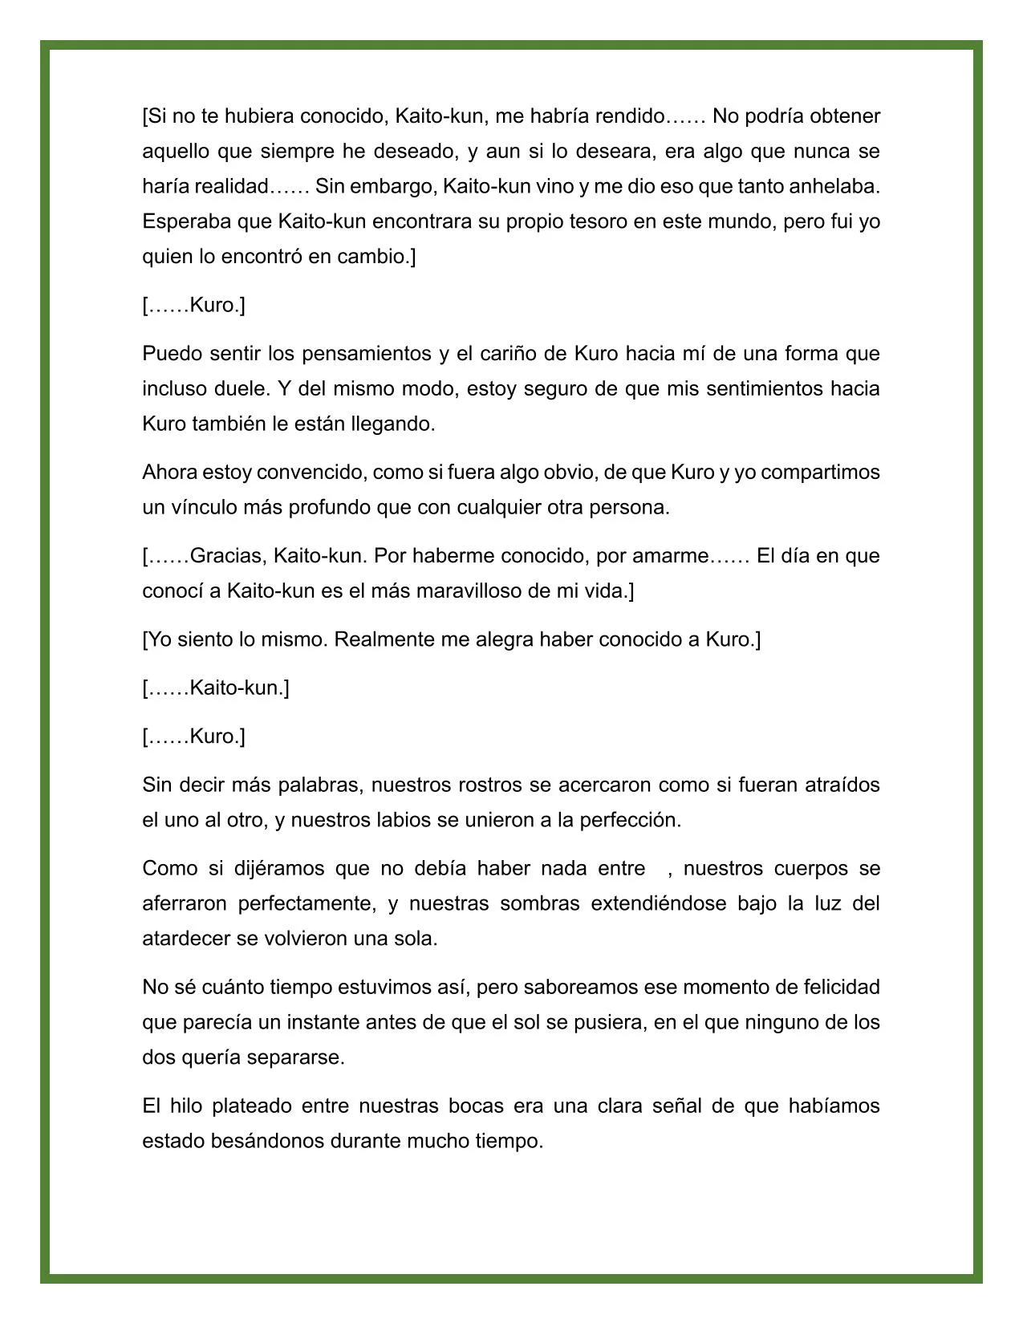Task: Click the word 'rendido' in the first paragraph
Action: click(x=630, y=116)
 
